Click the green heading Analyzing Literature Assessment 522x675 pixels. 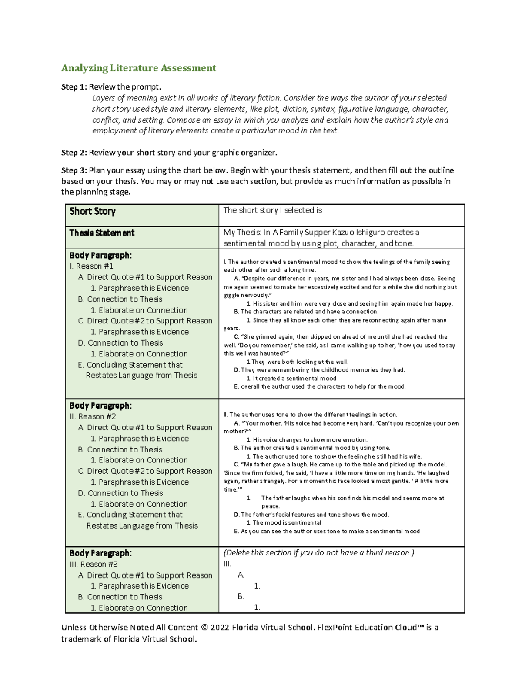(x=138, y=68)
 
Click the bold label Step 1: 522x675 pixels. (x=74, y=87)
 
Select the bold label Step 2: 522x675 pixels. (x=74, y=153)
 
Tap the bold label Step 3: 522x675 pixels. (x=74, y=170)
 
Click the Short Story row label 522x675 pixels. (x=92, y=212)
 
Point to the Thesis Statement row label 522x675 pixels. (x=102, y=233)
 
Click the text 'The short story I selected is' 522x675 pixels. (x=272, y=210)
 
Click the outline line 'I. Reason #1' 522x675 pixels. (x=91, y=266)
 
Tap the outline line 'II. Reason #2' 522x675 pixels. (x=93, y=416)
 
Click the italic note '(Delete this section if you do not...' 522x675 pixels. (x=318, y=553)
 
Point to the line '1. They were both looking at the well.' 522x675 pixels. (x=297, y=362)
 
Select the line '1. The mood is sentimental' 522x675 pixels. (x=284, y=523)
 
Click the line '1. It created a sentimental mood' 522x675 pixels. (x=291, y=378)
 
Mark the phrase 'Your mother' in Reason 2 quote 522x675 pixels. (x=260, y=423)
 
